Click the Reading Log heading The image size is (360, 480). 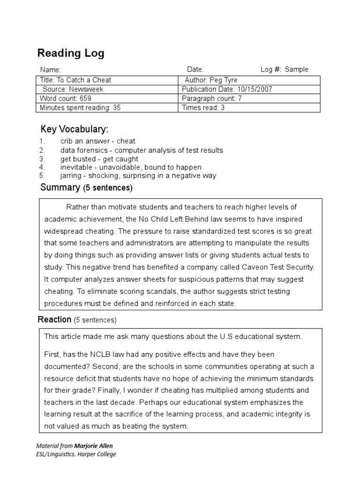pyautogui.click(x=71, y=53)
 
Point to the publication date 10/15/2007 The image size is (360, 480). pyautogui.click(x=255, y=89)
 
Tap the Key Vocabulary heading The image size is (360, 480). pyautogui.click(x=75, y=129)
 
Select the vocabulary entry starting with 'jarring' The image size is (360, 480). pyautogui.click(x=138, y=176)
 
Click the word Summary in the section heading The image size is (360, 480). pyautogui.click(x=60, y=188)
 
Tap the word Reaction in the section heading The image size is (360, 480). pyautogui.click(x=54, y=320)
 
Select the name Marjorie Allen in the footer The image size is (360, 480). pyautogui.click(x=93, y=446)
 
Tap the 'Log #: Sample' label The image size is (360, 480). pyautogui.click(x=284, y=69)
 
